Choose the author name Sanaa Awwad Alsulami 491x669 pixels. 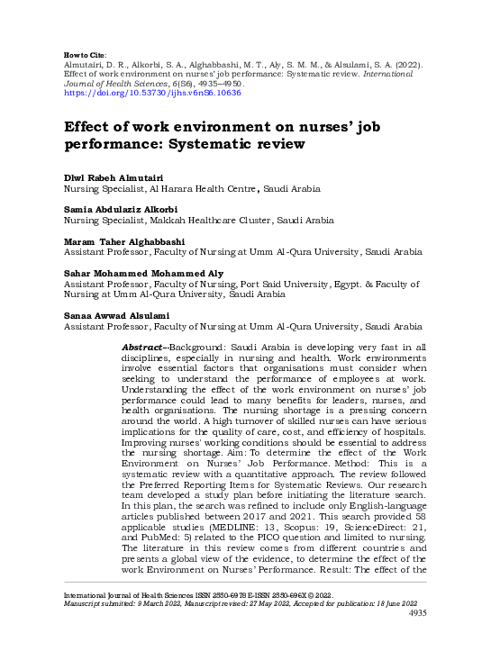click(109, 315)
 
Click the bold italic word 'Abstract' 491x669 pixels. click(145, 347)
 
